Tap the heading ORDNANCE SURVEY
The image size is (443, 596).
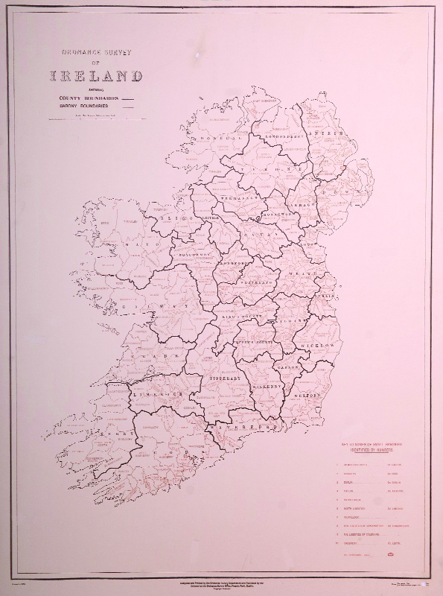pos(95,53)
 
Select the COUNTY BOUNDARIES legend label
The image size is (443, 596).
pos(83,98)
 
